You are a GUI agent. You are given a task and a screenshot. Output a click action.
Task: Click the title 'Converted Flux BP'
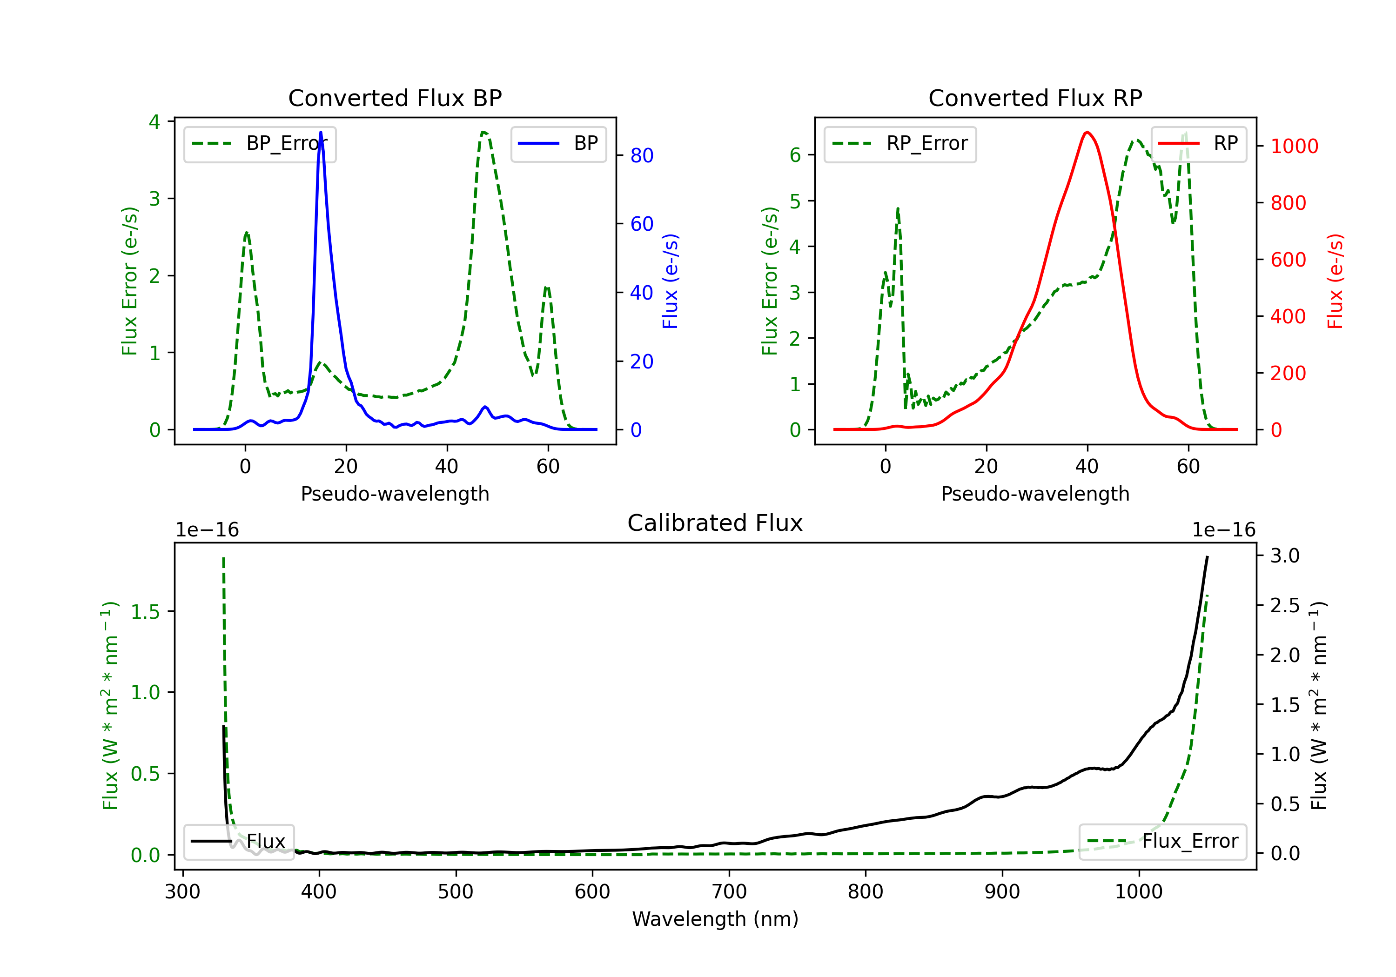click(395, 98)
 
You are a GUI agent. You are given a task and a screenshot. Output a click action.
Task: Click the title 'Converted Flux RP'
click(1035, 98)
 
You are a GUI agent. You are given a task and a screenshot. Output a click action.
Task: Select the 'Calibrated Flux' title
click(715, 523)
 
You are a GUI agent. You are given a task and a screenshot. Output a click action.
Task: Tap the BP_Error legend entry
click(260, 143)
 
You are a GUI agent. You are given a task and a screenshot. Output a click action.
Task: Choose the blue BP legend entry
click(558, 143)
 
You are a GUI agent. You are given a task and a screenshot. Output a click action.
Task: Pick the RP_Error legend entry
click(900, 143)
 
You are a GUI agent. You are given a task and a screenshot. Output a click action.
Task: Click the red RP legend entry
click(1198, 143)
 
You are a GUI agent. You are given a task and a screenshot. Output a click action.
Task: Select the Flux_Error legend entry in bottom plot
click(1162, 842)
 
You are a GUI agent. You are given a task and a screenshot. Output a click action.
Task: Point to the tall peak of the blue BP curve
click(321, 133)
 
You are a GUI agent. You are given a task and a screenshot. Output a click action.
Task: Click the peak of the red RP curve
click(1087, 132)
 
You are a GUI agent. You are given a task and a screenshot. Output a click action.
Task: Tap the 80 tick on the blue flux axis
click(641, 156)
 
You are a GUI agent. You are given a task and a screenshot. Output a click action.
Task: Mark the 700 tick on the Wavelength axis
click(729, 892)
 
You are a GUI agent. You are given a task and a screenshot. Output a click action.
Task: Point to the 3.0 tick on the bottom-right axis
click(1285, 555)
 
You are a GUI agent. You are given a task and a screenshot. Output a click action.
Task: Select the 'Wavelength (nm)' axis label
click(715, 919)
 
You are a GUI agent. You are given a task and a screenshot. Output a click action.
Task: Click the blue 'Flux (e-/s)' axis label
click(670, 281)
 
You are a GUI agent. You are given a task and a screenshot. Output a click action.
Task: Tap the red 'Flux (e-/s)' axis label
click(1335, 281)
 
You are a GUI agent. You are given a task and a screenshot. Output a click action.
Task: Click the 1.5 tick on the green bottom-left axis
click(145, 612)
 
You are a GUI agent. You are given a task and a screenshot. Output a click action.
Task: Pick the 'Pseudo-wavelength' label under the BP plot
click(395, 494)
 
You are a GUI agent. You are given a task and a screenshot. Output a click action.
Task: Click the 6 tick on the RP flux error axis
click(795, 156)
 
